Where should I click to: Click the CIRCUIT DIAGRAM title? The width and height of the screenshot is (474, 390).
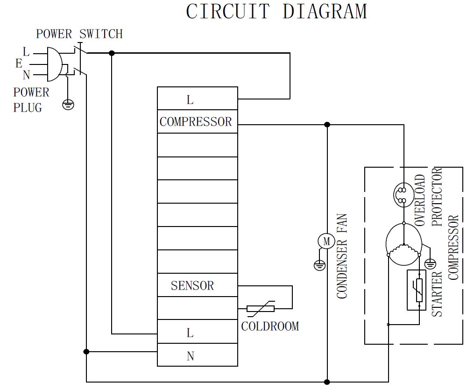click(276, 11)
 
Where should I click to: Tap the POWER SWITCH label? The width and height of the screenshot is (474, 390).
click(79, 34)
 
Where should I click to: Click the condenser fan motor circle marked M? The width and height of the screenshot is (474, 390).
click(326, 241)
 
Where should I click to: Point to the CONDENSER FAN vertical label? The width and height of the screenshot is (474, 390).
click(342, 256)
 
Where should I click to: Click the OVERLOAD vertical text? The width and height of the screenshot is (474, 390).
click(420, 201)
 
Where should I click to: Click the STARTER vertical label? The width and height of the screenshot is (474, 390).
click(437, 294)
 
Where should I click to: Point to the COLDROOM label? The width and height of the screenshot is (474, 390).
click(270, 326)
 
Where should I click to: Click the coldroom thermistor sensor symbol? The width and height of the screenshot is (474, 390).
click(261, 308)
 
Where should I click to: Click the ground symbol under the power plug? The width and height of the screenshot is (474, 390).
click(68, 104)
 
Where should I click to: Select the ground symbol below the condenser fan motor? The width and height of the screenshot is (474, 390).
click(319, 266)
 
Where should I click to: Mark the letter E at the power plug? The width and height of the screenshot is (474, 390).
click(19, 64)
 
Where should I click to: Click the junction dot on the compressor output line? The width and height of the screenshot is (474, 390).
click(327, 125)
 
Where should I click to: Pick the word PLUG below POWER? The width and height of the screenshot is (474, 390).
click(28, 107)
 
